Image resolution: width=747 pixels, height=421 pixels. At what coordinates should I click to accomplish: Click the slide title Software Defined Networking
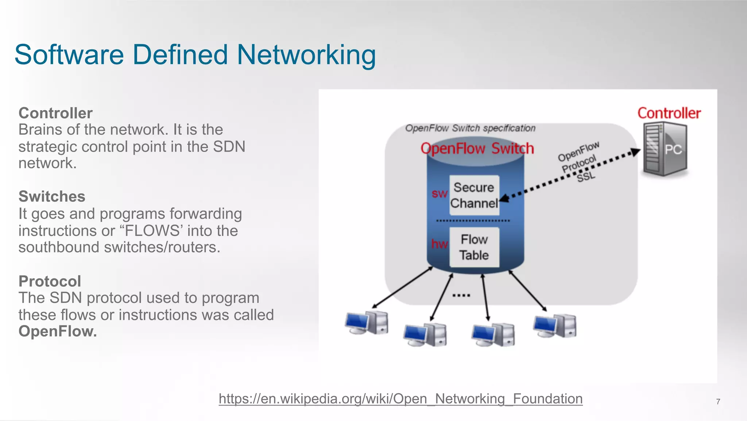tap(195, 55)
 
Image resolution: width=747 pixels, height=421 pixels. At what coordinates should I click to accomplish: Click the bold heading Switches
tap(52, 196)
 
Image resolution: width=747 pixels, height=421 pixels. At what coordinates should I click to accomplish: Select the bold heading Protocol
tap(50, 281)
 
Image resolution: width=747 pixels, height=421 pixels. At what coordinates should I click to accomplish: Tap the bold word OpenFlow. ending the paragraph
tap(58, 331)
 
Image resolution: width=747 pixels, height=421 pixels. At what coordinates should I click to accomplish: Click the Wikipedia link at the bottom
tap(400, 398)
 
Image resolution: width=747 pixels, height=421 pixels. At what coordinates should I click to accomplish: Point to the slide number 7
tap(718, 402)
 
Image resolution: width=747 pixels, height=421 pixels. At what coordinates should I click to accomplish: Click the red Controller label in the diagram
tap(669, 113)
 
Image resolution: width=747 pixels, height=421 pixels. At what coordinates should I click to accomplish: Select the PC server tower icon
tap(665, 149)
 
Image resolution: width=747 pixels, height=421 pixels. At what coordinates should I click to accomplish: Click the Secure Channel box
tap(474, 195)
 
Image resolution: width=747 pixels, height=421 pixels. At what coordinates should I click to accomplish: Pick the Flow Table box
tap(474, 247)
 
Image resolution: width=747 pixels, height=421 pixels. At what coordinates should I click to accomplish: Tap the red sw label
tap(439, 194)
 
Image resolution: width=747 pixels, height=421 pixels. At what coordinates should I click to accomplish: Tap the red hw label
tap(439, 244)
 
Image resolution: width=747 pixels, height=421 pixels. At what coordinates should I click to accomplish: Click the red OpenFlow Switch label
tap(477, 149)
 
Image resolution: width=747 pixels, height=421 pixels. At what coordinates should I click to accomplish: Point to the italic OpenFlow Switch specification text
tap(470, 128)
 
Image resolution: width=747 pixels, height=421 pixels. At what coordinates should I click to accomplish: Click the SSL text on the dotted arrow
tap(586, 177)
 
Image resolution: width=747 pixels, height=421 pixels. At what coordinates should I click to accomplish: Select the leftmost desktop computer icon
tap(367, 323)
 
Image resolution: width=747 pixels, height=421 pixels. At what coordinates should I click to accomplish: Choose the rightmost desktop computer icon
tap(555, 326)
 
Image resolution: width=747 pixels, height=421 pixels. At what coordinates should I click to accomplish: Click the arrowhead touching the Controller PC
tap(635, 152)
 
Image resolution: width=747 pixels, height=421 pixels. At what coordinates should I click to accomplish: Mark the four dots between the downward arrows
tap(461, 295)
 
